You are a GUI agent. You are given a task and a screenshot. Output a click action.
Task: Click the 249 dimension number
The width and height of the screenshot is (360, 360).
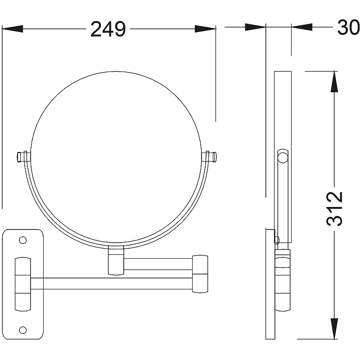pyautogui.click(x=108, y=29)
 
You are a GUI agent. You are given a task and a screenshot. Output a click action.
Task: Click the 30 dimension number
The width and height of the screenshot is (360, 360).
pyautogui.click(x=348, y=27)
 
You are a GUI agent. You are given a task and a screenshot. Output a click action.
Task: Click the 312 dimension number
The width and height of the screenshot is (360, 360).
pyautogui.click(x=334, y=209)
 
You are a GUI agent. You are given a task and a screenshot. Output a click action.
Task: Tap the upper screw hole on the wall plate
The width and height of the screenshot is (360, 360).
pyautogui.click(x=23, y=240)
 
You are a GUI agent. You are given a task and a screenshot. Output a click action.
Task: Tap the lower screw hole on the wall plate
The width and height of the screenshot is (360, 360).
pyautogui.click(x=23, y=330)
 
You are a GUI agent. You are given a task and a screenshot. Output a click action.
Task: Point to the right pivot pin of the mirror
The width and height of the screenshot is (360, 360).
pyautogui.click(x=211, y=157)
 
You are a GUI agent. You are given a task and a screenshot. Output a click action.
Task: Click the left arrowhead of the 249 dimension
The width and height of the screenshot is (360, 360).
pyautogui.click(x=13, y=29)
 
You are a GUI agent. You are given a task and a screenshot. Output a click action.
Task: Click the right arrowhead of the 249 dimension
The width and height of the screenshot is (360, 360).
pyautogui.click(x=205, y=29)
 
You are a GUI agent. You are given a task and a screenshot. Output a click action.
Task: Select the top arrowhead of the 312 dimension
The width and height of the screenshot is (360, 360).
pyautogui.click(x=334, y=82)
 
